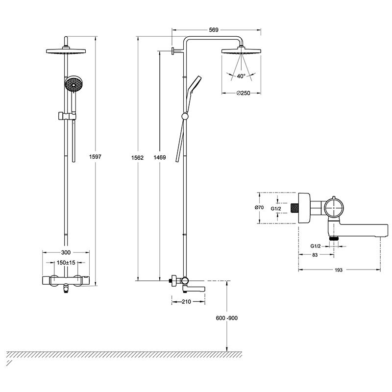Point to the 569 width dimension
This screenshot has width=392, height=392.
[213, 30]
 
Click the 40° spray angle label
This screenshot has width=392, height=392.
[241, 76]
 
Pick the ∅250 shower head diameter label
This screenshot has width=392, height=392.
[243, 93]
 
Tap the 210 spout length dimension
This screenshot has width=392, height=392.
[186, 301]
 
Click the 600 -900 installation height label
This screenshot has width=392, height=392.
[226, 318]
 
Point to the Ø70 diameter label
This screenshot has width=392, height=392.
[260, 208]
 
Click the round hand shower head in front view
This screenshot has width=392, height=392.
[73, 84]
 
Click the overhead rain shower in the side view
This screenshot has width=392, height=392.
[240, 51]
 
